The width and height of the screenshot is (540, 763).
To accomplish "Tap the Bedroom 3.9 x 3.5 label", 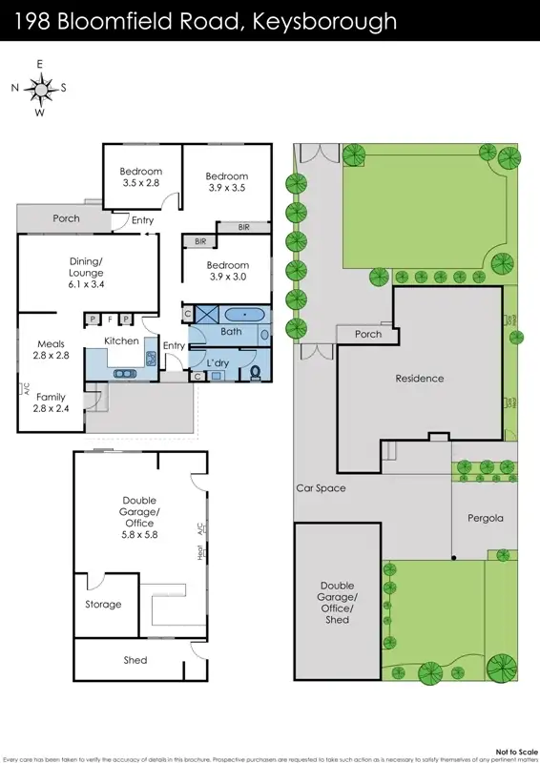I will [x=227, y=182].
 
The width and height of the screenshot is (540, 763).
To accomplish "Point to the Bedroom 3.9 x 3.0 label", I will [x=227, y=271].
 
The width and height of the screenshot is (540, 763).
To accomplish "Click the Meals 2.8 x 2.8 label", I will [x=51, y=349].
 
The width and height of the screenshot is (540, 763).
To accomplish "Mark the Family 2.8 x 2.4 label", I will [x=52, y=402].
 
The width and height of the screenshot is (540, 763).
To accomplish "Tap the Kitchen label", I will [x=121, y=340].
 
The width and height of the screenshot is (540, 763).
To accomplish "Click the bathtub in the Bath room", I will [x=245, y=314].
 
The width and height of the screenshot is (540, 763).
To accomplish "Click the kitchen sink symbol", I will [x=151, y=359].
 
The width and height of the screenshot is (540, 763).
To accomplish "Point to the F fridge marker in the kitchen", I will [x=110, y=319].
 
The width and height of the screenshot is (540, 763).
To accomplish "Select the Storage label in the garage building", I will [x=103, y=605].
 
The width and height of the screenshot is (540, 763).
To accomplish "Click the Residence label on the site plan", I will [x=420, y=379].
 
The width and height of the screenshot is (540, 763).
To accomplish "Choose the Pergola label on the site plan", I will [x=486, y=520].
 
